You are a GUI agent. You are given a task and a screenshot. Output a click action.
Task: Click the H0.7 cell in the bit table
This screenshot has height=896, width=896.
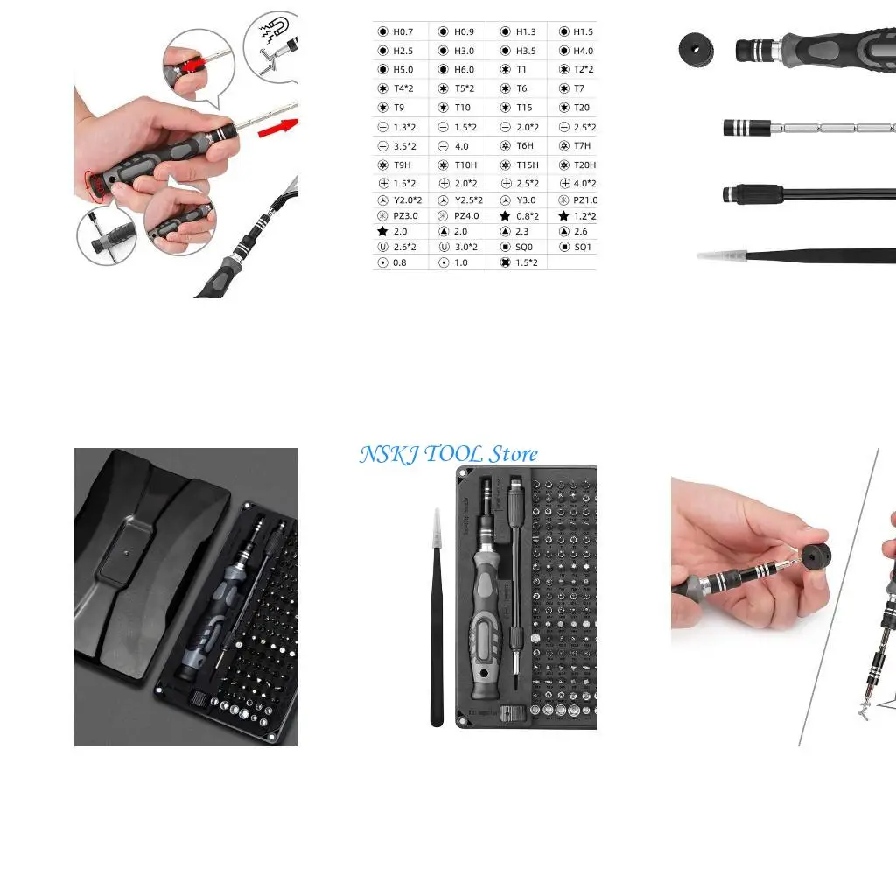click(x=402, y=31)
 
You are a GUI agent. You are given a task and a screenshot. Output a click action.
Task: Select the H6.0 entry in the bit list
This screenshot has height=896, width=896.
click(x=464, y=70)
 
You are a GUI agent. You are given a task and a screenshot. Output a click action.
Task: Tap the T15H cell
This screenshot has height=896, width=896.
click(x=527, y=165)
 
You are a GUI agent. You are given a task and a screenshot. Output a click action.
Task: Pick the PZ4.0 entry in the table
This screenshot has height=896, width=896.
click(x=465, y=216)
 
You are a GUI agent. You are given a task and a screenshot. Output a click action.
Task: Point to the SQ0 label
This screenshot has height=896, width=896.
click(x=523, y=248)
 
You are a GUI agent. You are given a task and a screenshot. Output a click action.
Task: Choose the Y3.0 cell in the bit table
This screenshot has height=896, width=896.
click(x=525, y=200)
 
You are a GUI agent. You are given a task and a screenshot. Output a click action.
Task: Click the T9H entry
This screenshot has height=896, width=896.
click(x=402, y=165)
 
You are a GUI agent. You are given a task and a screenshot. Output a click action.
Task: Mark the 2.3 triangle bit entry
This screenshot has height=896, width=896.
click(x=522, y=232)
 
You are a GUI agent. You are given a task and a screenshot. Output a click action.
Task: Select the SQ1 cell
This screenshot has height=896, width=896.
click(x=582, y=248)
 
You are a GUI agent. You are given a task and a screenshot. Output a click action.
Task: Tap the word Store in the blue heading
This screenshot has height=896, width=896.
click(x=513, y=454)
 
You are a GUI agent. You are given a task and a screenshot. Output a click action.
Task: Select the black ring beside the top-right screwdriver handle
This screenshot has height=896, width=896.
click(x=696, y=48)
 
